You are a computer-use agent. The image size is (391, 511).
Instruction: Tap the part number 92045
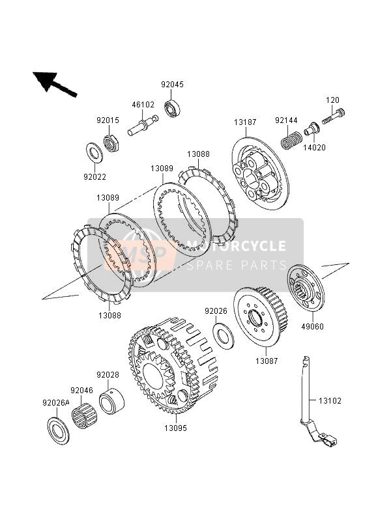coord(173,84)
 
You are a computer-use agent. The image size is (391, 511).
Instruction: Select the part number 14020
coord(314,148)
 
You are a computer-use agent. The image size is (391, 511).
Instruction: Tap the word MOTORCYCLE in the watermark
coord(237,246)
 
